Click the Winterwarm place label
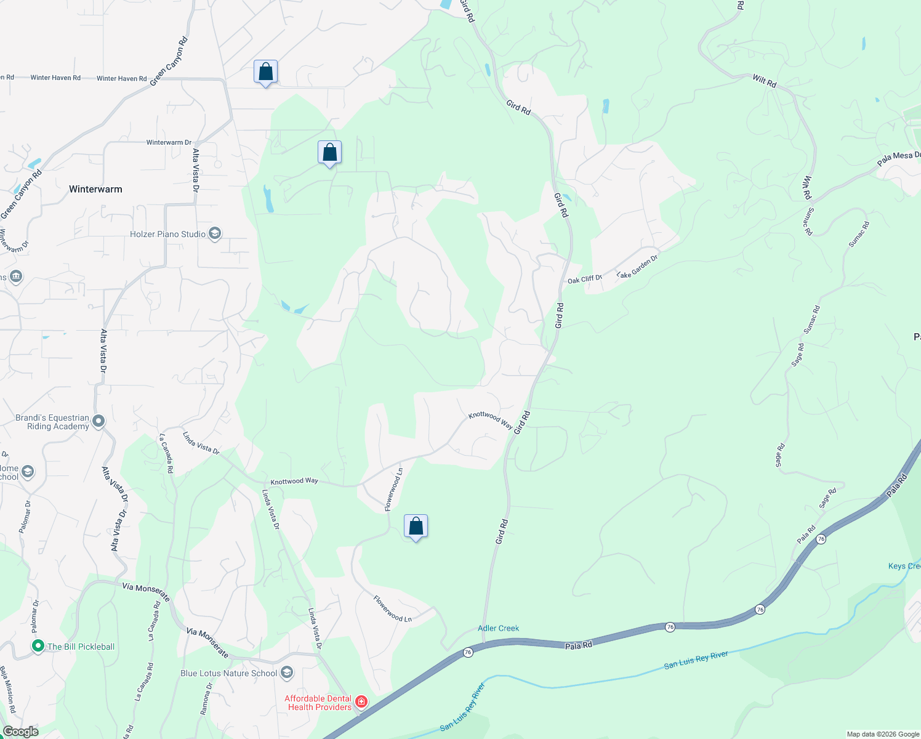(x=95, y=189)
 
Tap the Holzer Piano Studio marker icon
(x=215, y=233)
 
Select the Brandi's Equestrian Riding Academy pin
(x=99, y=422)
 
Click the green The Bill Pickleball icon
(x=38, y=646)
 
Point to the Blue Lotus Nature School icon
(x=287, y=672)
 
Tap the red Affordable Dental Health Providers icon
(x=361, y=702)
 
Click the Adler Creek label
(x=498, y=628)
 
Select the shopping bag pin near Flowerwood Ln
(x=416, y=527)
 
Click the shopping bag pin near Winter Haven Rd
(x=265, y=72)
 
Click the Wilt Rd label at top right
(x=764, y=80)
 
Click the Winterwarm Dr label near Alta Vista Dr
(x=169, y=142)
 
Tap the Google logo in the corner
(x=21, y=732)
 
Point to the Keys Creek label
(x=904, y=566)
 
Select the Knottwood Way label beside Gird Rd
(x=490, y=420)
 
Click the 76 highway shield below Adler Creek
(x=468, y=652)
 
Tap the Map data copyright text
(x=883, y=734)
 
